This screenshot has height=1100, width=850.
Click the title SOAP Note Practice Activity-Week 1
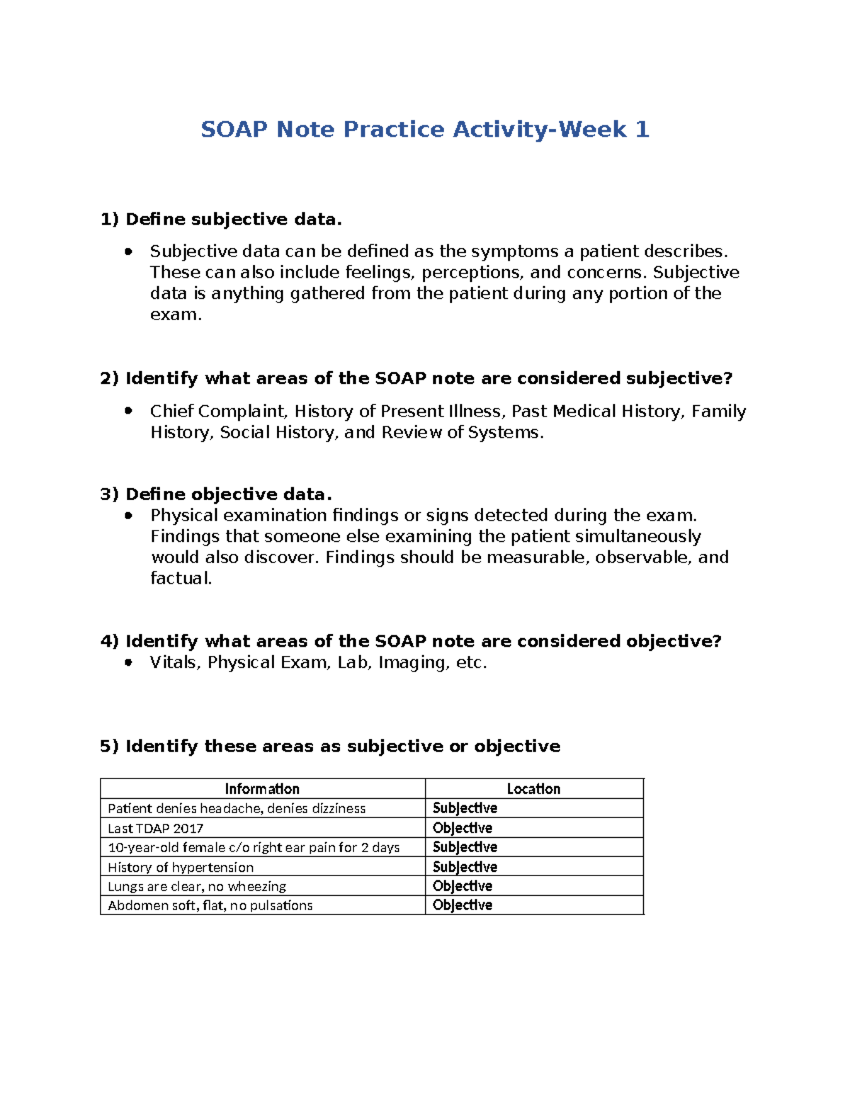pyautogui.click(x=425, y=130)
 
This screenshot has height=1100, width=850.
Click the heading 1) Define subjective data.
pyautogui.click(x=221, y=220)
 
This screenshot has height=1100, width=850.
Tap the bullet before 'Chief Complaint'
pyautogui.click(x=128, y=410)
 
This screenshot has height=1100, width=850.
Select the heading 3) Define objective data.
pyautogui.click(x=216, y=494)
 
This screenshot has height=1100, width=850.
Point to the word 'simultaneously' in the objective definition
pyautogui.click(x=637, y=536)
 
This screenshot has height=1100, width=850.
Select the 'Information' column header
pyautogui.click(x=262, y=789)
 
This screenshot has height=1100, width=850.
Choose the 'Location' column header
pyautogui.click(x=533, y=789)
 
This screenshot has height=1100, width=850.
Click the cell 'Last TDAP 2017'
pyautogui.click(x=156, y=828)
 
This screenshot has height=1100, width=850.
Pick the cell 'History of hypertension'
pyautogui.click(x=181, y=867)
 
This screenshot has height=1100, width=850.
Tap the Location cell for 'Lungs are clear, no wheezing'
pyautogui.click(x=463, y=886)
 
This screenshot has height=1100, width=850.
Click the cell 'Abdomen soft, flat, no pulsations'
pyautogui.click(x=210, y=905)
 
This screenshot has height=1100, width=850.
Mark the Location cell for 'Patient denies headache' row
pyautogui.click(x=465, y=808)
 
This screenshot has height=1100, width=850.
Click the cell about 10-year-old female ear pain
pyautogui.click(x=254, y=847)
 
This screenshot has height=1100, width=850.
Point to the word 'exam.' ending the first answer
pyautogui.click(x=176, y=314)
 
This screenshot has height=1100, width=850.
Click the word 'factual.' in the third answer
pyautogui.click(x=181, y=578)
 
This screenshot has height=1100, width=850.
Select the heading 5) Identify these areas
pyautogui.click(x=330, y=746)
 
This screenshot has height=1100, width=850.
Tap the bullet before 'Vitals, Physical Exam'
pyautogui.click(x=128, y=662)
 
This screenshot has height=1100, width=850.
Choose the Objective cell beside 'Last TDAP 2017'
pyautogui.click(x=463, y=828)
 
